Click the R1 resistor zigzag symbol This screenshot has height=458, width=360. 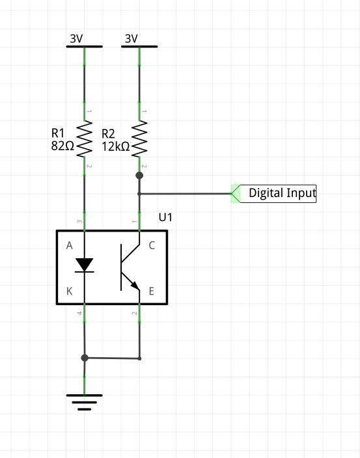point(85,139)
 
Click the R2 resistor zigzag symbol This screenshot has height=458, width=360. point(139,139)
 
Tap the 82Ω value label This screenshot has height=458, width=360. point(62,146)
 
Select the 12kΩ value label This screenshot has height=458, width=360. point(116,146)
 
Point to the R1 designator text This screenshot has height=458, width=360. point(57,133)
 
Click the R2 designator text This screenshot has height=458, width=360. point(108,134)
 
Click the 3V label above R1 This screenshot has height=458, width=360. point(76,38)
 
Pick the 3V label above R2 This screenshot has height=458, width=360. point(132,38)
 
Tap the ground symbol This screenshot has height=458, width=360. point(85,402)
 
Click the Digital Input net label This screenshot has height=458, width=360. point(283,193)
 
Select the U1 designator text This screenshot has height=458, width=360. point(165,217)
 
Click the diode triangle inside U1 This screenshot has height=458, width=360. point(85,265)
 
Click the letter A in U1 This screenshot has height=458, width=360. point(69,246)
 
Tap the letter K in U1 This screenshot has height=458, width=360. point(69,291)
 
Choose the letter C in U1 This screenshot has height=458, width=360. point(152,246)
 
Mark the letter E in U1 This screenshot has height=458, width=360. point(152,291)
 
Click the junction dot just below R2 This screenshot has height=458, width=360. point(139,175)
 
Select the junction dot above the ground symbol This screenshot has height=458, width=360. point(85,358)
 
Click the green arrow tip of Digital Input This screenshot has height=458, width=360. point(231,194)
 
